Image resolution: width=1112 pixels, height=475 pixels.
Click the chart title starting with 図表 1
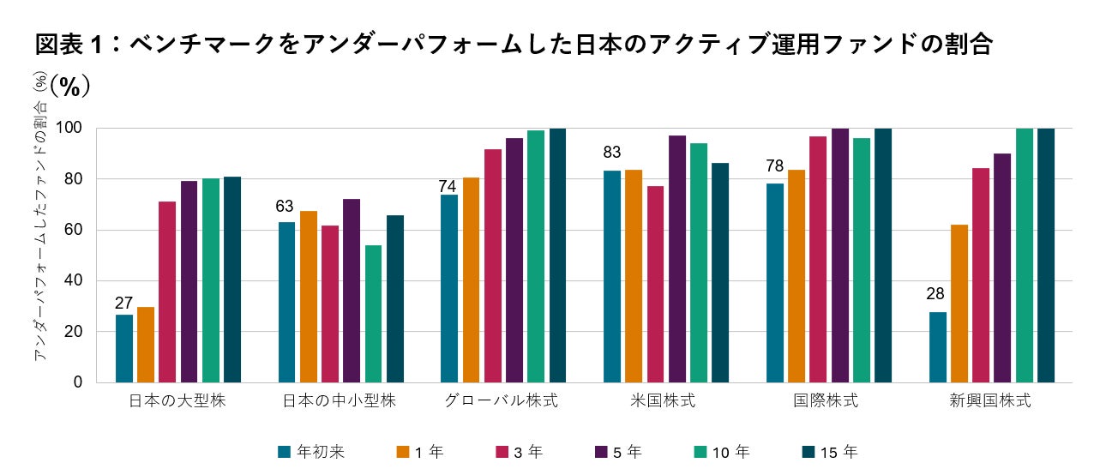click(x=513, y=44)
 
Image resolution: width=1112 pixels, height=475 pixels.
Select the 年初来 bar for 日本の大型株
click(x=124, y=348)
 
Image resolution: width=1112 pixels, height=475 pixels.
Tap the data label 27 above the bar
click(x=124, y=303)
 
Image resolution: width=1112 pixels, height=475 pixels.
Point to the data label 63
click(x=285, y=207)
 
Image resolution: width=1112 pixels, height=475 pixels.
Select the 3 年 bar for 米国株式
click(x=656, y=284)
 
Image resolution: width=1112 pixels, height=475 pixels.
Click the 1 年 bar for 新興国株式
click(x=959, y=304)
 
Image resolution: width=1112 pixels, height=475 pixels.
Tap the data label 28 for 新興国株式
click(x=935, y=294)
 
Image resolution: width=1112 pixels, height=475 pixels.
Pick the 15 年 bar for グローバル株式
click(x=557, y=256)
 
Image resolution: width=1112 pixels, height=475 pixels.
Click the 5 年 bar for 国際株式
click(x=840, y=256)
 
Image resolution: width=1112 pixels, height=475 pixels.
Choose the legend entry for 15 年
click(x=826, y=452)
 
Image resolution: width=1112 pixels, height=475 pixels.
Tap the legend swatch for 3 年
click(x=501, y=452)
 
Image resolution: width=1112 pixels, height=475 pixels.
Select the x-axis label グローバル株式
click(x=502, y=401)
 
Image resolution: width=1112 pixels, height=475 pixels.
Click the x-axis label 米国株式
click(x=665, y=401)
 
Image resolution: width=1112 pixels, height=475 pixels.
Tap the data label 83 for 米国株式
click(x=612, y=153)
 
